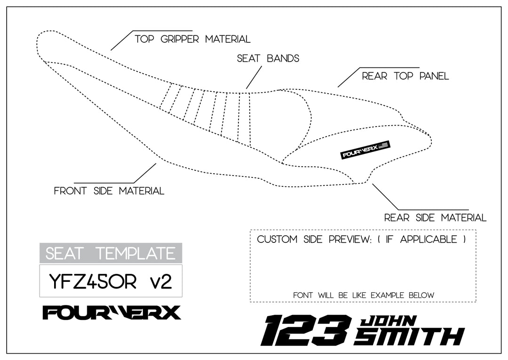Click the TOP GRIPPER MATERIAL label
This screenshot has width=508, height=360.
click(x=192, y=39)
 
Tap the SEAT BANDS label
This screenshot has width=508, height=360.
click(x=268, y=58)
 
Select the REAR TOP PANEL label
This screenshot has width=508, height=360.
click(x=405, y=76)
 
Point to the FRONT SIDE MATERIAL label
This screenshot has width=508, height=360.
click(x=109, y=191)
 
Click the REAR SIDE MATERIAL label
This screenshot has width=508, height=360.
click(x=435, y=217)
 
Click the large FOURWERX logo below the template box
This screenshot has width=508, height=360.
click(x=111, y=312)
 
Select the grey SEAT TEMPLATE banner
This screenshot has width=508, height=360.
click(x=111, y=253)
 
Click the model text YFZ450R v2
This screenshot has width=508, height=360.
click(x=111, y=281)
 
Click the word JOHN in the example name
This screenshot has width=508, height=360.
click(x=388, y=321)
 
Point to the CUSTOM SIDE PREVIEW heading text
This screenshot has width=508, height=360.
click(x=362, y=239)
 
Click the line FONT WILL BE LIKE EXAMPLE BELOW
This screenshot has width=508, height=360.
click(x=363, y=295)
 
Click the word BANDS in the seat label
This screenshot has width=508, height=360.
click(x=283, y=58)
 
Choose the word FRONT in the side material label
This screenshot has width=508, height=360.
click(x=71, y=191)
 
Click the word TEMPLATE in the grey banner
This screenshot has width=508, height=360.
click(x=135, y=253)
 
